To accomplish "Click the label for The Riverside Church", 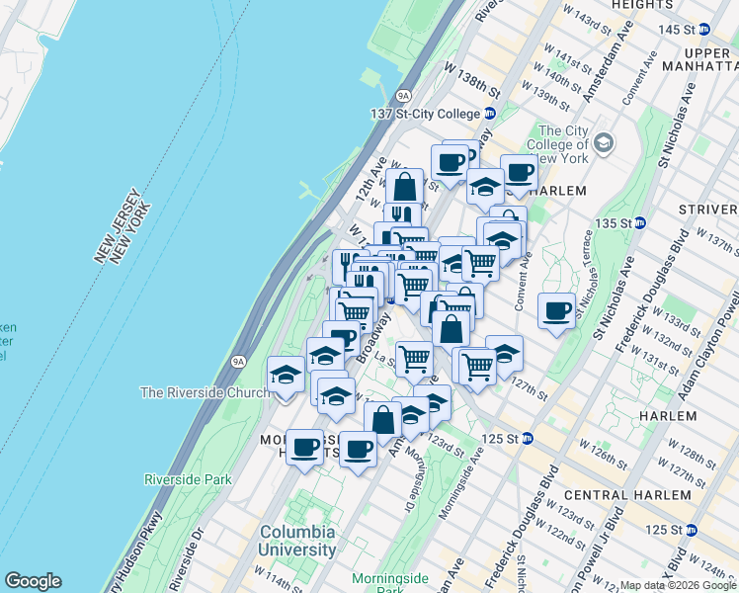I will click(205, 392).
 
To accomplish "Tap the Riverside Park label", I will click(188, 479).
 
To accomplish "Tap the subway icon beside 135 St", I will click(639, 222).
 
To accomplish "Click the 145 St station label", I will click(682, 29).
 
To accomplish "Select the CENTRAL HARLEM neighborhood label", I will click(627, 494).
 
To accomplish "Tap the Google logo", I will click(33, 581).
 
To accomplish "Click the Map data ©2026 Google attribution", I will click(678, 585).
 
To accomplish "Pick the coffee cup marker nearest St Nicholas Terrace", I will click(557, 310).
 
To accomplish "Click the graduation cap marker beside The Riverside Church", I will click(286, 375).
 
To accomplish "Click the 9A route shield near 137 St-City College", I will click(403, 96).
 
